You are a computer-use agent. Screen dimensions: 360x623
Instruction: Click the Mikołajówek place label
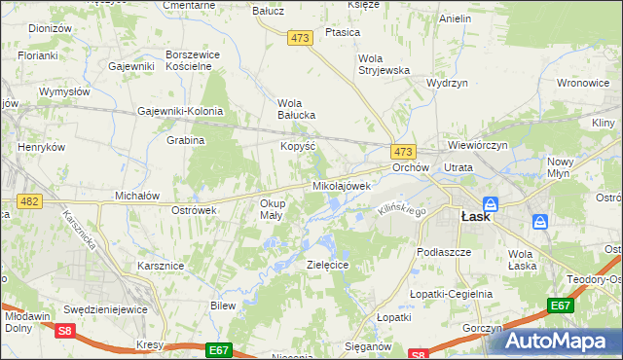pyautogui.click(x=341, y=185)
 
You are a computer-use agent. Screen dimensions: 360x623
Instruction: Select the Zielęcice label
pyautogui.click(x=327, y=265)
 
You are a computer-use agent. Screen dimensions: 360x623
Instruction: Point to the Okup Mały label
pyautogui.click(x=272, y=209)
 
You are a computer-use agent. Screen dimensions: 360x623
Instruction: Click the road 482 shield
pyautogui.click(x=27, y=200)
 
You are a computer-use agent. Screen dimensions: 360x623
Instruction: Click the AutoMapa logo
pyautogui.click(x=563, y=340)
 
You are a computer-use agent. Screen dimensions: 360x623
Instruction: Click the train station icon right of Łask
pyautogui.click(x=540, y=223)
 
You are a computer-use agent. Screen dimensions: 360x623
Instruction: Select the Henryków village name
pyautogui.click(x=42, y=147)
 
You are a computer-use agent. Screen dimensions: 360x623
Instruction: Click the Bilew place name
pyautogui.click(x=223, y=306)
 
